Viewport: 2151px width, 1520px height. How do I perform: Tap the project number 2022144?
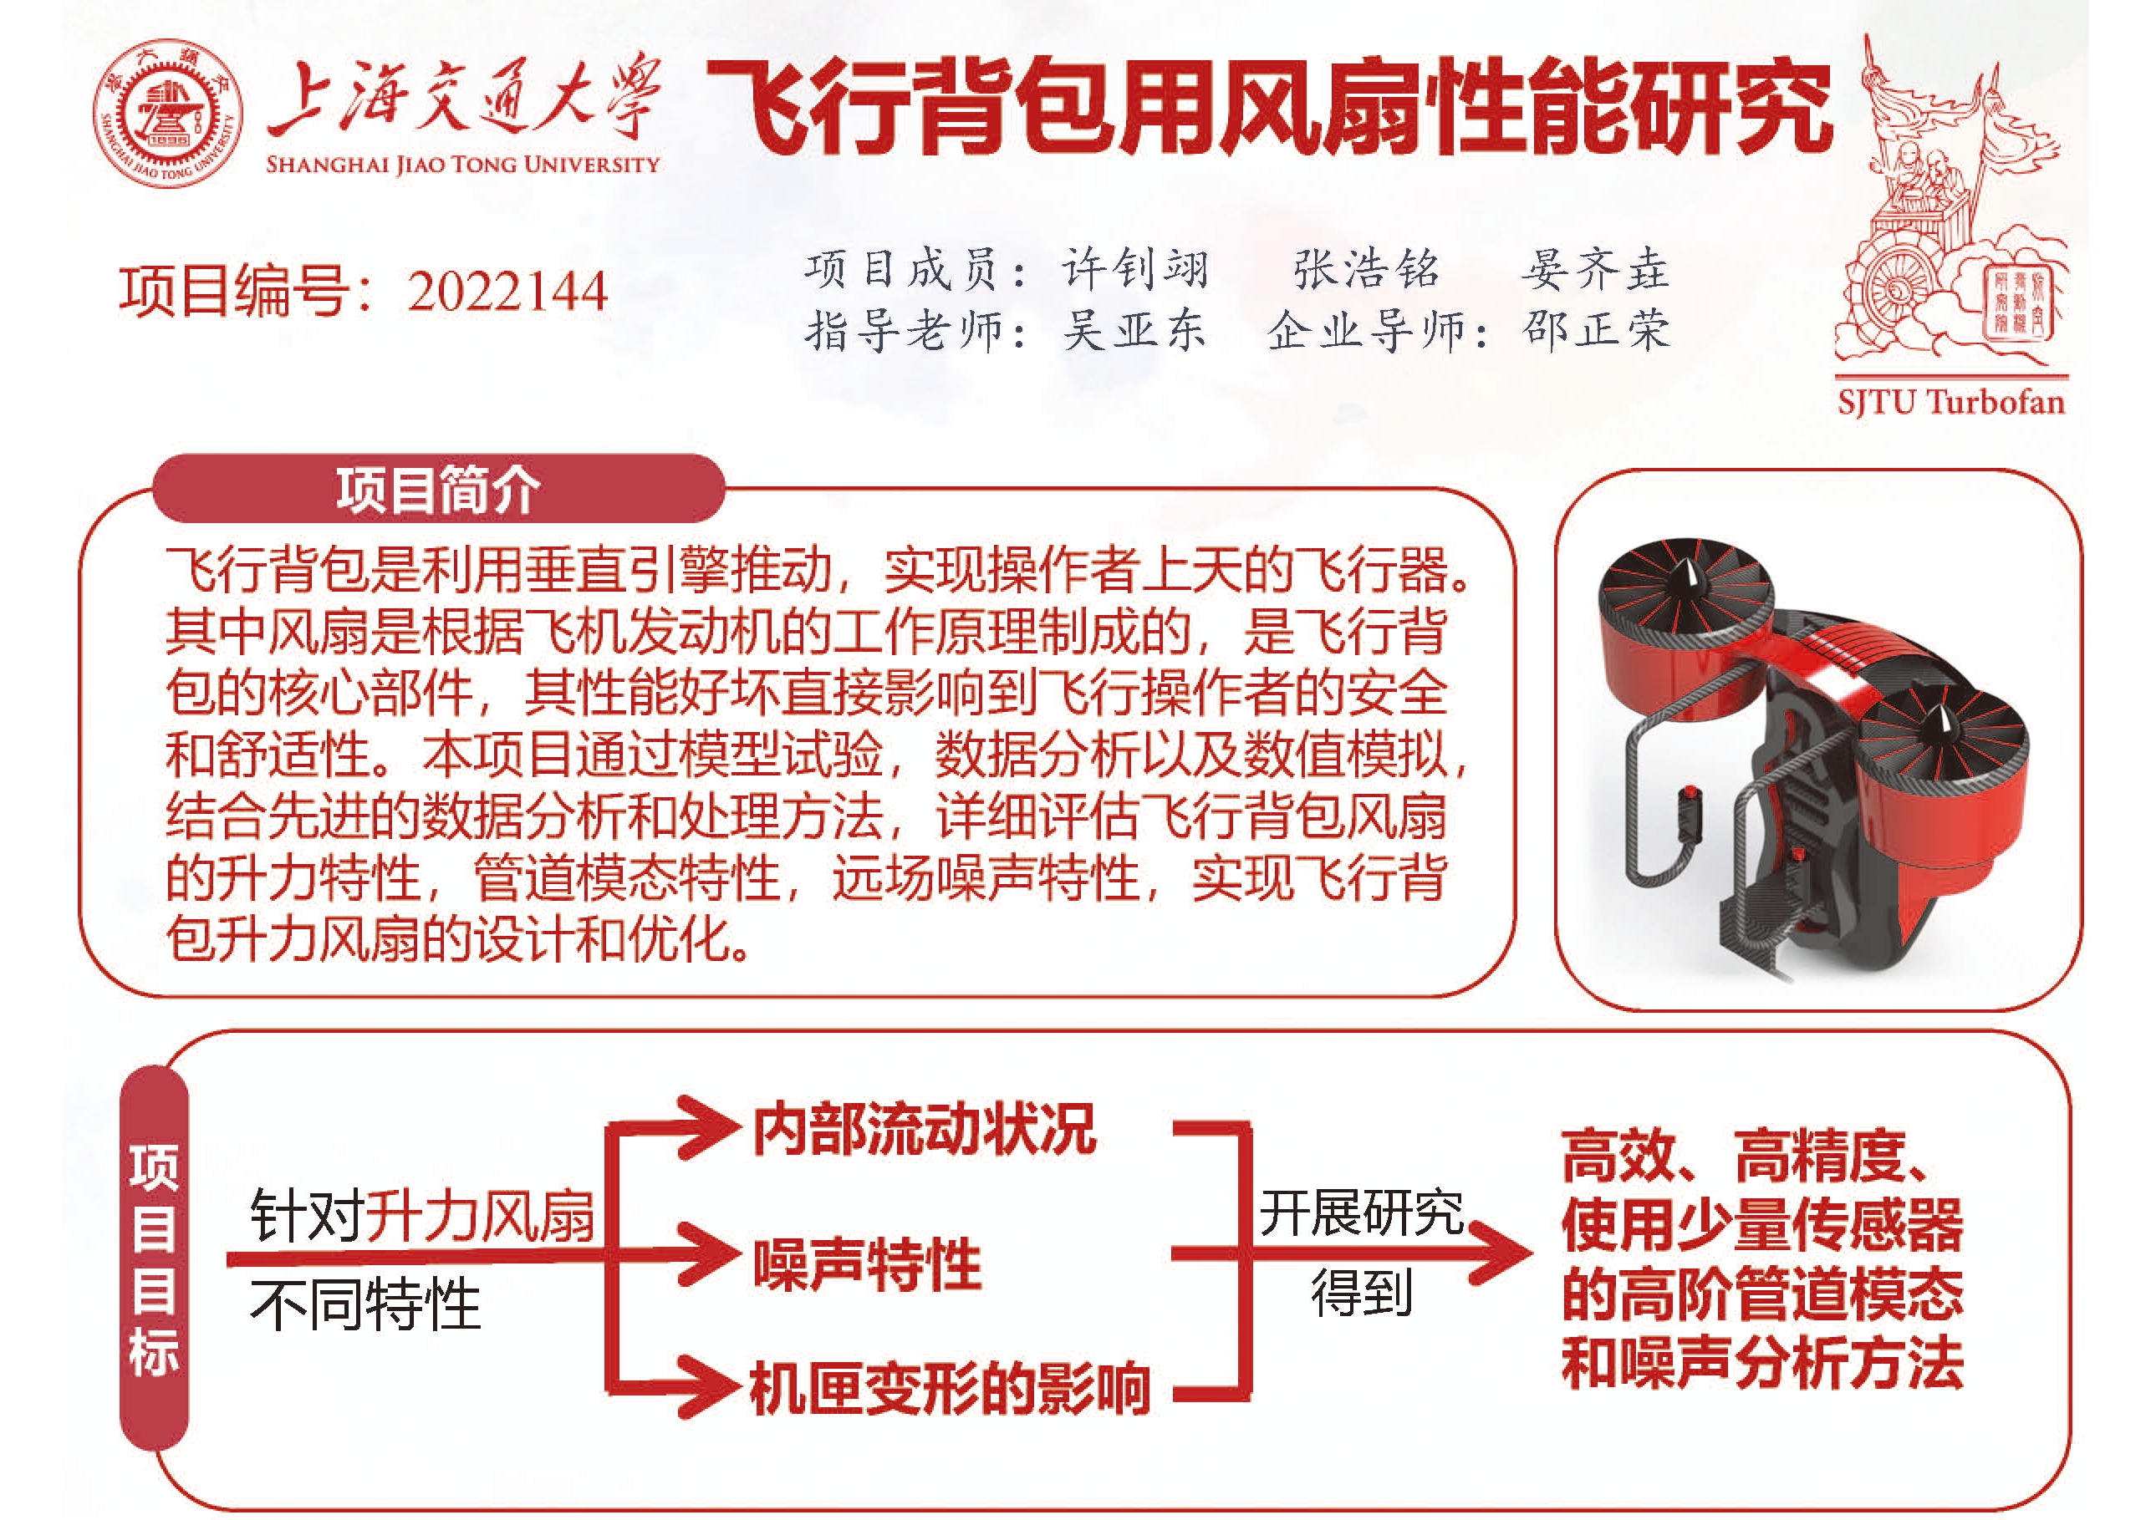click(507, 292)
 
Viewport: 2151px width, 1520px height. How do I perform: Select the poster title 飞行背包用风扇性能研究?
click(1269, 105)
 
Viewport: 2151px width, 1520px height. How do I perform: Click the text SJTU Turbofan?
click(1950, 402)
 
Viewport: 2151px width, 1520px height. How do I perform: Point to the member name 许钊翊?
click(1135, 270)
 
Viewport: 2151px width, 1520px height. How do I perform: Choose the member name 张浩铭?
click(1366, 270)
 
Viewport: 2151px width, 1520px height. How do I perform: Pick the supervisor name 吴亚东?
click(1134, 331)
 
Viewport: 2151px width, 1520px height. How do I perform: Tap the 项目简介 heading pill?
click(438, 489)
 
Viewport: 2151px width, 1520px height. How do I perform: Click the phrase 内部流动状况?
click(924, 1130)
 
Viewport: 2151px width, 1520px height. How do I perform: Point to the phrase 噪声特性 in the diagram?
click(868, 1263)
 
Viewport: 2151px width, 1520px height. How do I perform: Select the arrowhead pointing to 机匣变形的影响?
click(705, 1386)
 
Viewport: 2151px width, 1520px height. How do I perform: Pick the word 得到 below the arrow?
click(1361, 1294)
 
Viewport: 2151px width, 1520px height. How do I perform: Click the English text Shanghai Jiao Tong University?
click(463, 165)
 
